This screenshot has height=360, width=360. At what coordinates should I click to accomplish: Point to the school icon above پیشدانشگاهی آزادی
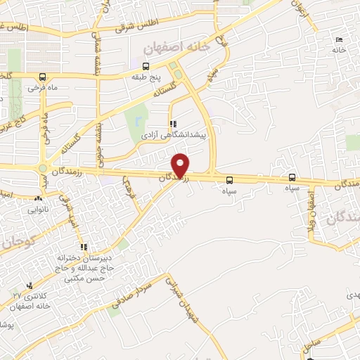coord(173,123)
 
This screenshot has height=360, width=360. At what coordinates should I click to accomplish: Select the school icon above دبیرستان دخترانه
coord(83,247)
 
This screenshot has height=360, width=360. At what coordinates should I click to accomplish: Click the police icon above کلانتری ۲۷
coord(29,285)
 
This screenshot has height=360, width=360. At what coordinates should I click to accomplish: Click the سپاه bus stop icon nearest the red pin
coord(229,178)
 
